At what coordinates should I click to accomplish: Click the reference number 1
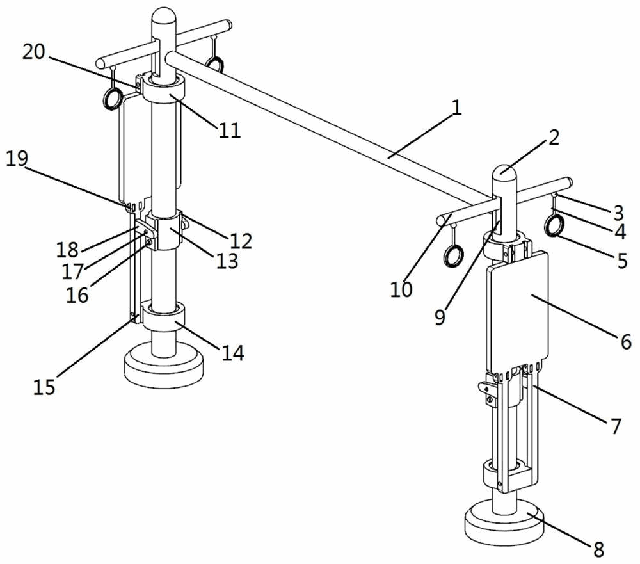click(457, 108)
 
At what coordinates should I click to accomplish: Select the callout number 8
click(598, 549)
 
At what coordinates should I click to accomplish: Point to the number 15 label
click(44, 386)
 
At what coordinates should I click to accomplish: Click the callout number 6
click(626, 341)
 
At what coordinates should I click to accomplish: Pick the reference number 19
click(17, 159)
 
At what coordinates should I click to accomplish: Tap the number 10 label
click(401, 289)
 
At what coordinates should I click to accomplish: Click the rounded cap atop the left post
click(164, 17)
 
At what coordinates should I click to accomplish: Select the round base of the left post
click(163, 364)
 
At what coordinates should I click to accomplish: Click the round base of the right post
click(504, 522)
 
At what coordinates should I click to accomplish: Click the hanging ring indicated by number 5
click(555, 225)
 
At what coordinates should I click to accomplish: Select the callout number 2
click(553, 138)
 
